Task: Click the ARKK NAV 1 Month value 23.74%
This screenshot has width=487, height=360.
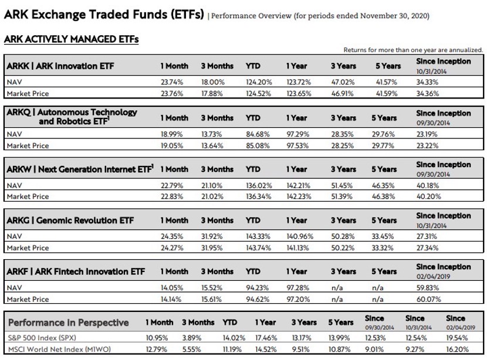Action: [x=172, y=82]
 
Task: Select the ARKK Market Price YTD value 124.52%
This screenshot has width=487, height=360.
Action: [x=258, y=93]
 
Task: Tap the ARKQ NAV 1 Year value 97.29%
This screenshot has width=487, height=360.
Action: [x=298, y=134]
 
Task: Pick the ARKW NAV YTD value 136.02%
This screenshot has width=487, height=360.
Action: [x=259, y=186]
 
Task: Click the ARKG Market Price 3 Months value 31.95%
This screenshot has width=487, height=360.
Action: [x=212, y=247]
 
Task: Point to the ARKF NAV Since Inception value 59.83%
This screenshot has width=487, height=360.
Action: [x=427, y=288]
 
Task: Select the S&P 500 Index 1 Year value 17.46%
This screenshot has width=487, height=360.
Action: [x=266, y=338]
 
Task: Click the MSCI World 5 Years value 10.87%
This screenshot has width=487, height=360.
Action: [x=339, y=349]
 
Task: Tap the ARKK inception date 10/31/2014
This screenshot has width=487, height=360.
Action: [x=431, y=72]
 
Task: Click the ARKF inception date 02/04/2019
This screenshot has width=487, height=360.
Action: [x=433, y=276]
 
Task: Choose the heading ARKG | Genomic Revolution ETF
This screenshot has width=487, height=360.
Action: [x=70, y=220]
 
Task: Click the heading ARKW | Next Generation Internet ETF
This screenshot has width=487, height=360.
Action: [x=80, y=169]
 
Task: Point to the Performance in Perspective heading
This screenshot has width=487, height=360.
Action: [x=68, y=322]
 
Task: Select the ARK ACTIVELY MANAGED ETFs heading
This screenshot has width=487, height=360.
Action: [x=71, y=39]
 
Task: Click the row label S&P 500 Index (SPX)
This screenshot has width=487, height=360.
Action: [x=42, y=338]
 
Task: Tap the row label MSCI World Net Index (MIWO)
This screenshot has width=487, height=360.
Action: [x=59, y=349]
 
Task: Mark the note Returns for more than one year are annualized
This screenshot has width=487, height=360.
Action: [x=413, y=50]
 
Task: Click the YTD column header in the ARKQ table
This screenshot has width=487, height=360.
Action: [x=253, y=118]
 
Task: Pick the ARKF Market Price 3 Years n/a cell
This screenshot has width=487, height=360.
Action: [x=337, y=299]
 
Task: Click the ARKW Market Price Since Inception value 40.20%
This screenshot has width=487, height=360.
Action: [x=428, y=196]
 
